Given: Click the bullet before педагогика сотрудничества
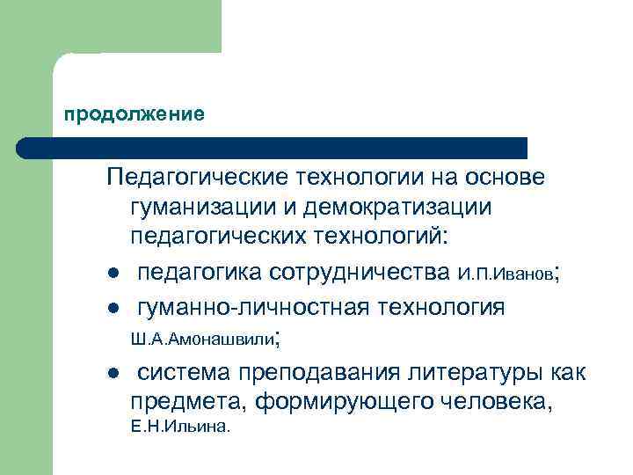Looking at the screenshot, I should click(111, 274).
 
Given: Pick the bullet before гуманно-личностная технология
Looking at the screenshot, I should click(111, 308).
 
